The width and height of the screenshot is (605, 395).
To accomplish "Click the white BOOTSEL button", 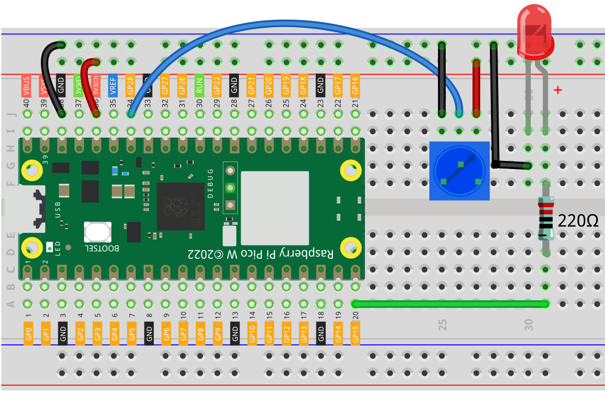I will [x=98, y=232].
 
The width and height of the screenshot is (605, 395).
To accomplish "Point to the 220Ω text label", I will [x=578, y=221].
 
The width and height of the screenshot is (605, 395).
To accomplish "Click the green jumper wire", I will [x=450, y=304].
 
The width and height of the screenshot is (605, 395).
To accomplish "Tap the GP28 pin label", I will [x=130, y=86].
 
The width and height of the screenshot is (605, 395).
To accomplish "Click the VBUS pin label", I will [x=26, y=86].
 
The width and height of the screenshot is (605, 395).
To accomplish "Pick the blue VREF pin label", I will [x=113, y=86].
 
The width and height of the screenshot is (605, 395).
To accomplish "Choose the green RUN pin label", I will [x=200, y=86].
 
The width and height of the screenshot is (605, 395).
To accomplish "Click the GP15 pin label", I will [x=356, y=332].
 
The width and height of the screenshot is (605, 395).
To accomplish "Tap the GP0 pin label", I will [x=28, y=332].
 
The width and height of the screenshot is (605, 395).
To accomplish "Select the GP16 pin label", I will [x=356, y=86].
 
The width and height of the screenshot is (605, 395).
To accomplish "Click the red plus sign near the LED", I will [x=558, y=90].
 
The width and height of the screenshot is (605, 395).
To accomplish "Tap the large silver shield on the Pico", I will [x=275, y=207].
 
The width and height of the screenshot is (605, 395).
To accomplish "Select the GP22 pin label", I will [x=217, y=86].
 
